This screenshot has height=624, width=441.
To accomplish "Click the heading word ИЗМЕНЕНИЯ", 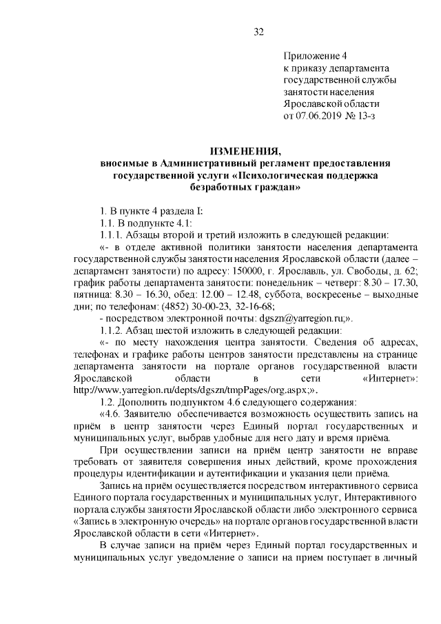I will coord(245,150).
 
